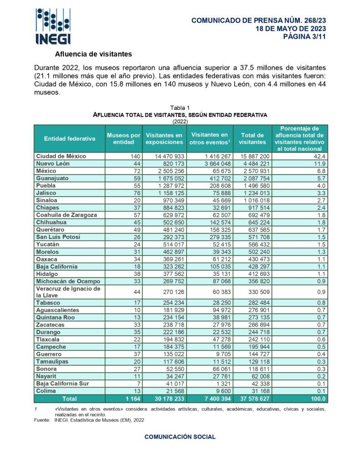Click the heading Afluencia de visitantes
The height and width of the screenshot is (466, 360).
coord(93,54)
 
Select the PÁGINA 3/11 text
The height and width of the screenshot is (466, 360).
coord(305,37)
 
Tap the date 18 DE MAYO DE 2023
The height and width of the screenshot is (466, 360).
coord(291,29)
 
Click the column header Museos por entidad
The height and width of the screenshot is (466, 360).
coord(123,138)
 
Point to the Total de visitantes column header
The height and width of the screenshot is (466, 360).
coord(252,138)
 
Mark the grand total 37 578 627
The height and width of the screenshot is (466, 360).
coord(252,399)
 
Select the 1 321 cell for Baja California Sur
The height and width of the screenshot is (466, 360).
coord(219,384)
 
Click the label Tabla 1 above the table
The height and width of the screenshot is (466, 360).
coord(180,107)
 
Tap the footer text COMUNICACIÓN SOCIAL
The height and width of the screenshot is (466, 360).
coord(180,437)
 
